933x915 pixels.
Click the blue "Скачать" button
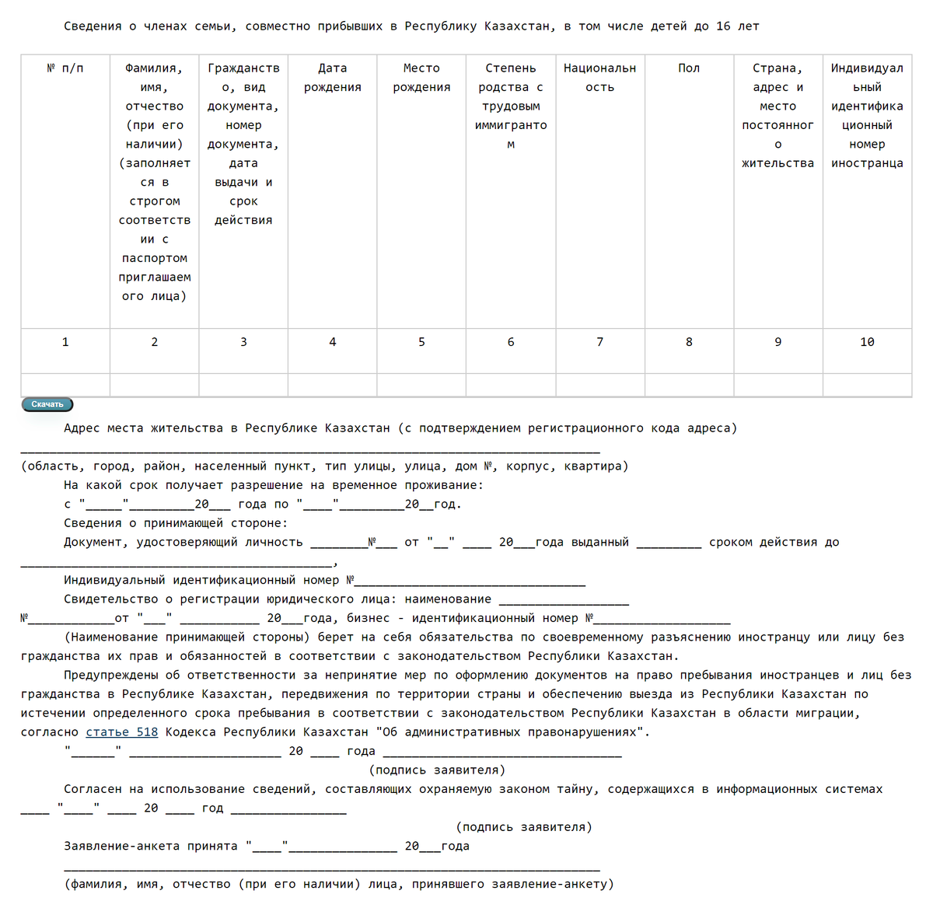[x=47, y=404]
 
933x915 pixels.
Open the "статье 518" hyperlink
[x=121, y=732]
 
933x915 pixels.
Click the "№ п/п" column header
[x=65, y=68]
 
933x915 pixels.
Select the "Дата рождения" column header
[x=333, y=78]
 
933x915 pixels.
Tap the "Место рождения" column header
[x=421, y=78]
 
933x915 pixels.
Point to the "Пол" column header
[x=689, y=68]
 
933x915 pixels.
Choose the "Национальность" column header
[x=599, y=78]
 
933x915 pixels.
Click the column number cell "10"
[x=867, y=342]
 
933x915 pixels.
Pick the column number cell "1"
[x=65, y=342]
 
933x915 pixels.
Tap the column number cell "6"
[x=511, y=342]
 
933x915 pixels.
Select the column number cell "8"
[x=689, y=342]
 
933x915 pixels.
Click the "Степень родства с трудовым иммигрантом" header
[x=511, y=106]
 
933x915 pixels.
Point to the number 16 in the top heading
[x=723, y=26]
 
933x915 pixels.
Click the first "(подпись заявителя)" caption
[x=437, y=770]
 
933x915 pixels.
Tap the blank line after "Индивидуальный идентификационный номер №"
[x=470, y=582]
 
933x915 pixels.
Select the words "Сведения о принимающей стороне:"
[x=176, y=523]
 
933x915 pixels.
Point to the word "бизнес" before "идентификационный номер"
[x=368, y=619]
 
